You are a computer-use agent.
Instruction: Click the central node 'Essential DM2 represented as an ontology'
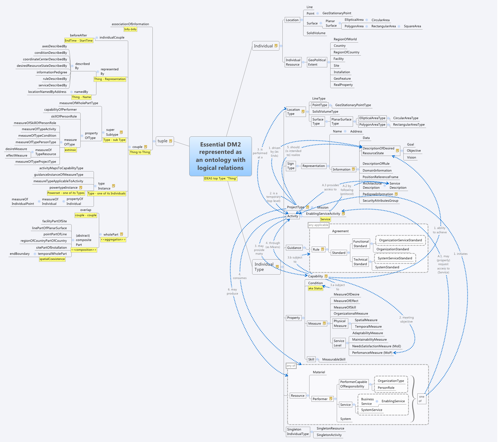pyautogui.click(x=220, y=156)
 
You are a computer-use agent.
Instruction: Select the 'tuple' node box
pyautogui.click(x=164, y=141)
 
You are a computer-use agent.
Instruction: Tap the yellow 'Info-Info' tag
pyautogui.click(x=130, y=29)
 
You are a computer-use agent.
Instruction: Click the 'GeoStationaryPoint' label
pyautogui.click(x=337, y=13)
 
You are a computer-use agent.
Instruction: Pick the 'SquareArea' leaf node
pyautogui.click(x=412, y=26)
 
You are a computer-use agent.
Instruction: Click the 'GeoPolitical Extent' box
pyautogui.click(x=317, y=62)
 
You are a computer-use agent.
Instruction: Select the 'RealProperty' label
pyautogui.click(x=343, y=85)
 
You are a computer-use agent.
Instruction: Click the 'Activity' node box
pyautogui.click(x=292, y=216)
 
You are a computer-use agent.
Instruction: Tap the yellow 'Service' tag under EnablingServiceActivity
pyautogui.click(x=325, y=219)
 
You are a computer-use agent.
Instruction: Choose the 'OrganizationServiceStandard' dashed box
pyautogui.click(x=400, y=240)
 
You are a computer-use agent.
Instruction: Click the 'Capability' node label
pyautogui.click(x=315, y=276)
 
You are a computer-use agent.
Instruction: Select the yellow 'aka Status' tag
pyautogui.click(x=315, y=288)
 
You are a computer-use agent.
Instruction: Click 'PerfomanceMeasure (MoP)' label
pyautogui.click(x=372, y=353)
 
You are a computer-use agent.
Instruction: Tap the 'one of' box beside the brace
pyautogui.click(x=421, y=399)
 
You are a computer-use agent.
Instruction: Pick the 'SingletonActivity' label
pyautogui.click(x=329, y=435)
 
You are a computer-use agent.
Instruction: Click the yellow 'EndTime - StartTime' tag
pyautogui.click(x=79, y=41)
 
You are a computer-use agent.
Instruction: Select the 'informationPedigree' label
pyautogui.click(x=52, y=72)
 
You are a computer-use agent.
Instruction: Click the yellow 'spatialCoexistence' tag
pyautogui.click(x=52, y=259)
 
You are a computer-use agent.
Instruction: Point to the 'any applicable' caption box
pyautogui.click(x=318, y=225)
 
